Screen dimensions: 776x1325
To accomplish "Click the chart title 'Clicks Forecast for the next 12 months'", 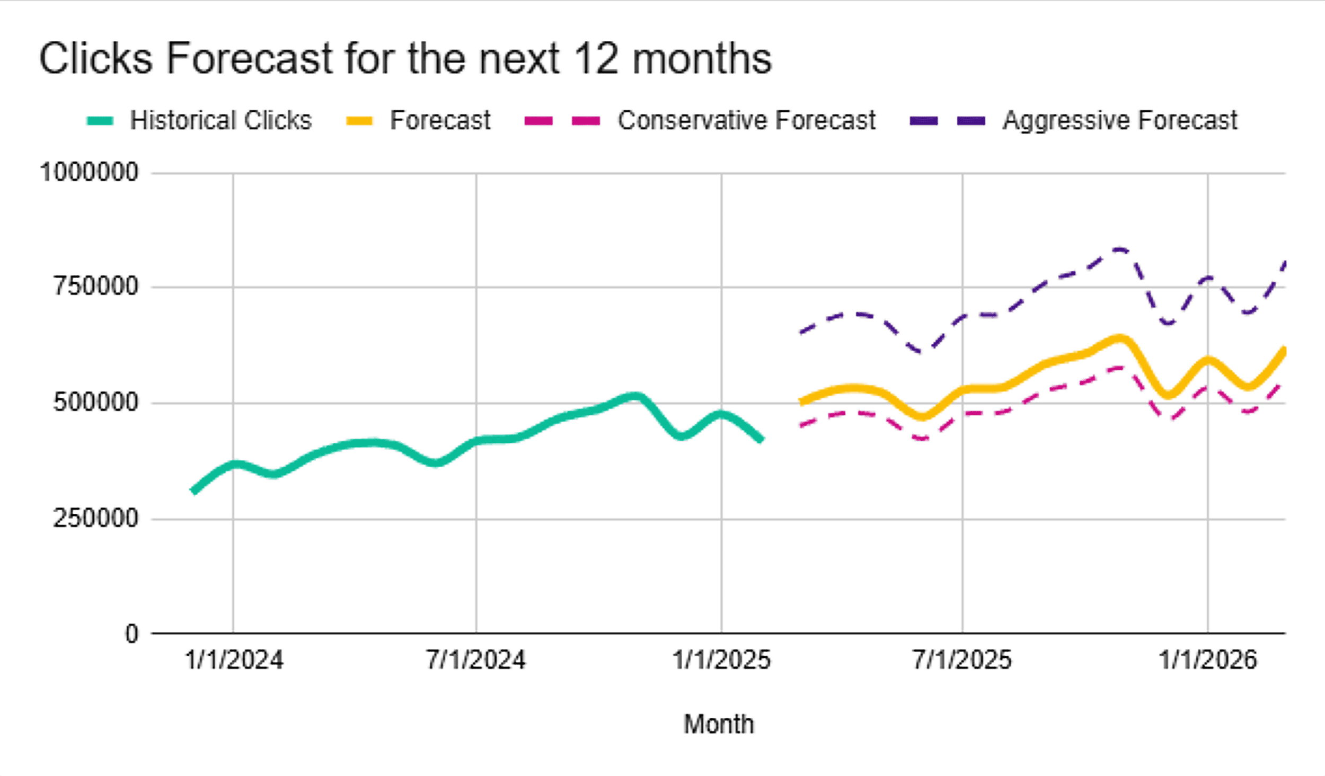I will tap(405, 58).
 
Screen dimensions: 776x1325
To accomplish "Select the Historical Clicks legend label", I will tap(220, 120).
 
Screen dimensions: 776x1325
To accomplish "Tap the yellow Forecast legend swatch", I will tap(359, 121).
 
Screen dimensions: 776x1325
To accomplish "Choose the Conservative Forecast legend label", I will tap(746, 120).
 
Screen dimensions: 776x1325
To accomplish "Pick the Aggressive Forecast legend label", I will tap(1119, 120).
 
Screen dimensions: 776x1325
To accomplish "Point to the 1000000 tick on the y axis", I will tap(89, 173).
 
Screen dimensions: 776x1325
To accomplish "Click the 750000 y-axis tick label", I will tap(95, 287).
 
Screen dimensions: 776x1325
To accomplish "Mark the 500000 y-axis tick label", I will tap(95, 403).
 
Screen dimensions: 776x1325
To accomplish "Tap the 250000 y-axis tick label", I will tap(95, 518).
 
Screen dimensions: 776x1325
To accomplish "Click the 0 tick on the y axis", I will tap(131, 634).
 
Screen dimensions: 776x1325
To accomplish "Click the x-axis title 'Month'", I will tap(718, 724).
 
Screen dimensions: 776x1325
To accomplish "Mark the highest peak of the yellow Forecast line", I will tap(1119, 338).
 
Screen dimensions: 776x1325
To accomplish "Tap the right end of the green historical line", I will tap(762, 440).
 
